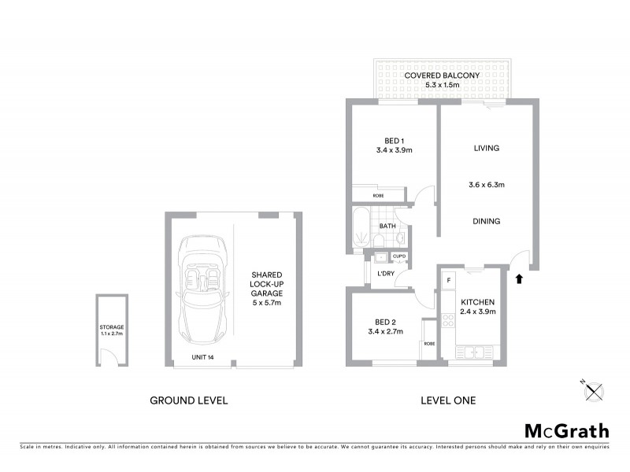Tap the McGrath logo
point(567,430)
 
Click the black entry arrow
point(518,278)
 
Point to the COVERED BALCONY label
point(441,76)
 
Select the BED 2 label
point(385,321)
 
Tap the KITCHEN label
point(477,302)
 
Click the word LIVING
point(487,148)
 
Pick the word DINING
point(487,221)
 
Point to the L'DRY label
point(386,273)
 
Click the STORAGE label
point(111,327)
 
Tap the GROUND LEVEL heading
point(189,400)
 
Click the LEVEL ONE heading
point(447,400)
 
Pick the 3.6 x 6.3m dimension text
point(487,186)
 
